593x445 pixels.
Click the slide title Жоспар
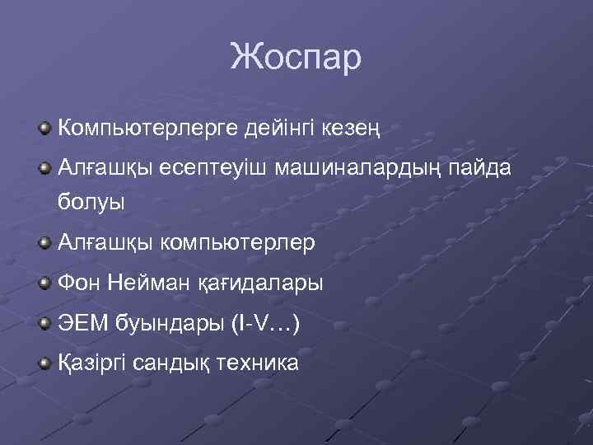pyautogui.click(x=296, y=58)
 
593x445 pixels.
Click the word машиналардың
pyautogui.click(x=360, y=169)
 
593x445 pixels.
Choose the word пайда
pyautogui.click(x=487, y=169)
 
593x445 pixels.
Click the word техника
pyautogui.click(x=258, y=363)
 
